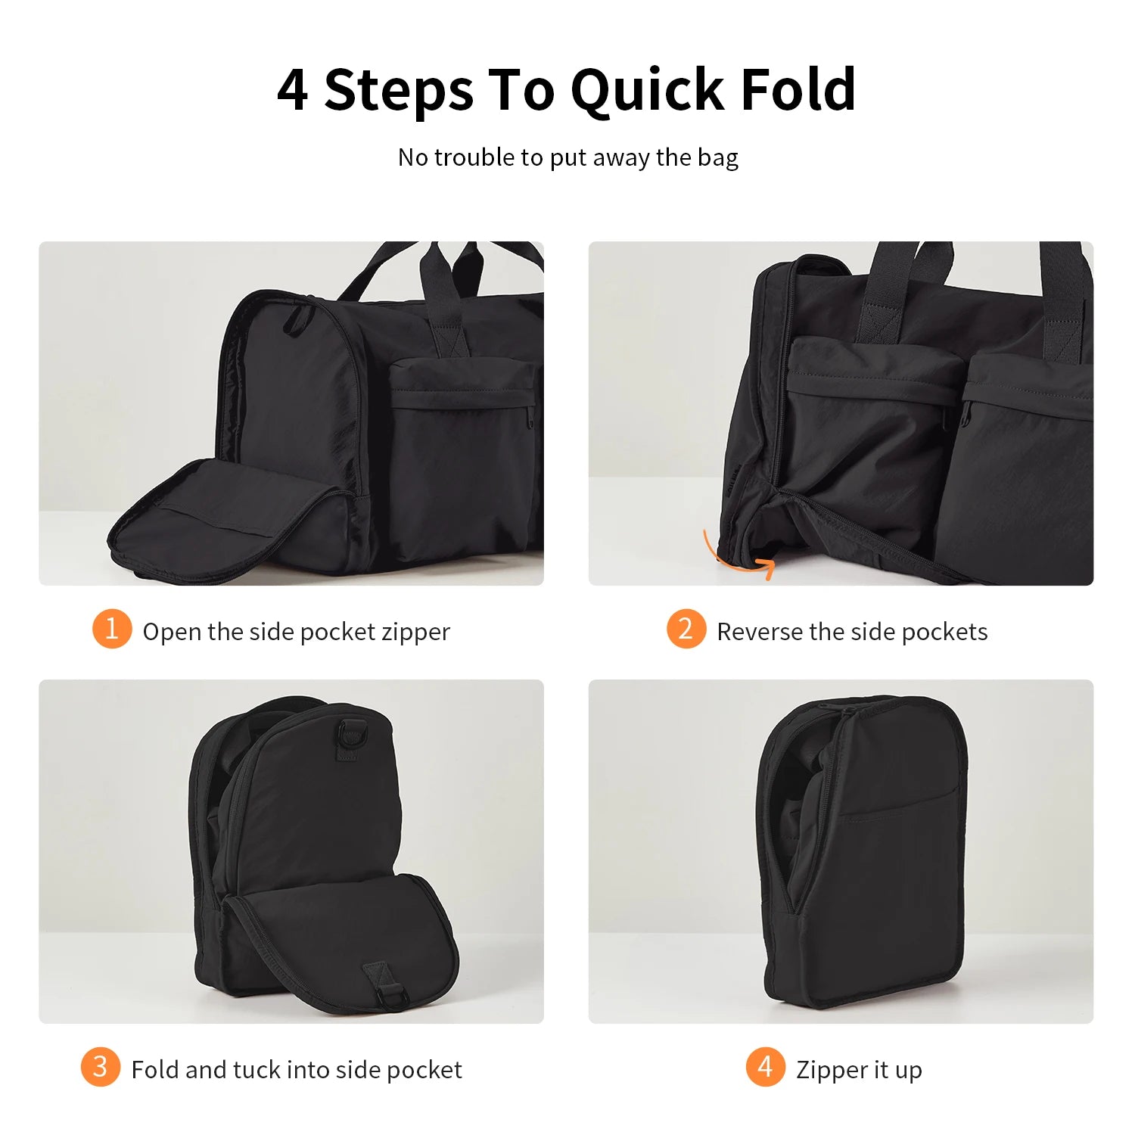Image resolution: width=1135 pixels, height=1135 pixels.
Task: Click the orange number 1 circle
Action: [112, 629]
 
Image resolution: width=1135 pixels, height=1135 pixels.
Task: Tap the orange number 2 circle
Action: [686, 629]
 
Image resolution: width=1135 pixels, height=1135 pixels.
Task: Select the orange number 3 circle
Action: [100, 1067]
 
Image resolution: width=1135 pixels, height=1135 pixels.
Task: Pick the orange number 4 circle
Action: [765, 1067]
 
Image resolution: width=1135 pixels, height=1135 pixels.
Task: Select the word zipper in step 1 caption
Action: [415, 632]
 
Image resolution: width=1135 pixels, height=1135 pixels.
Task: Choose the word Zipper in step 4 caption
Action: [832, 1070]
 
